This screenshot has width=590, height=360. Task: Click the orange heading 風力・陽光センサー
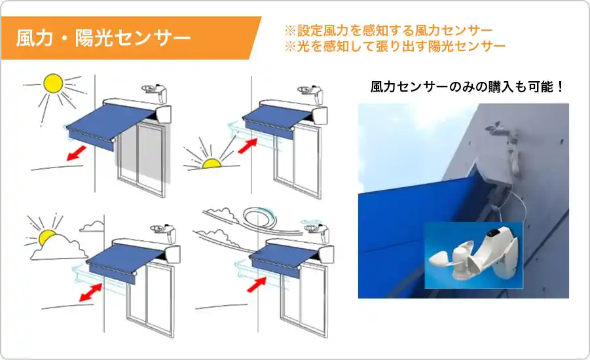coord(103,37)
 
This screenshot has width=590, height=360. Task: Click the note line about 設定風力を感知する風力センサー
coord(388,31)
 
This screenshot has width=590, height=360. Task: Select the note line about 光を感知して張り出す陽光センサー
coord(395,46)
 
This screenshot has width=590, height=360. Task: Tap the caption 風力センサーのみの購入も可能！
coord(468,86)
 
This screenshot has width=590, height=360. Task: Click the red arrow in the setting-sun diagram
coord(246,145)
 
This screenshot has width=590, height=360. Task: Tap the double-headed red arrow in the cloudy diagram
coord(92,292)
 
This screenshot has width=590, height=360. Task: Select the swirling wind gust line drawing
coord(255,218)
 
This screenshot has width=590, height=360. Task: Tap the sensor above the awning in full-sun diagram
coord(155,90)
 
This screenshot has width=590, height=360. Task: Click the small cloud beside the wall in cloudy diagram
coord(92,226)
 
